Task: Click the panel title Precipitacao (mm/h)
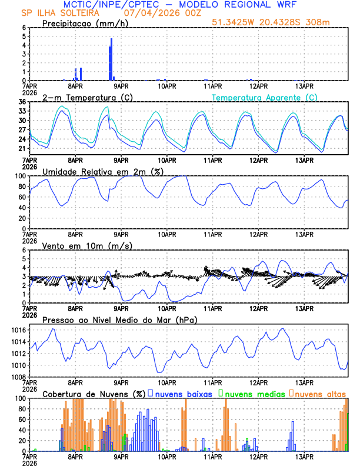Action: [x=82, y=23]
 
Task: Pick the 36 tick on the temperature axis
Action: [x=22, y=102]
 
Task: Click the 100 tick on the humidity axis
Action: [x=20, y=176]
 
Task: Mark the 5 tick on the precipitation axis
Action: [x=24, y=36]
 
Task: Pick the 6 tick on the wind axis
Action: [x=24, y=250]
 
